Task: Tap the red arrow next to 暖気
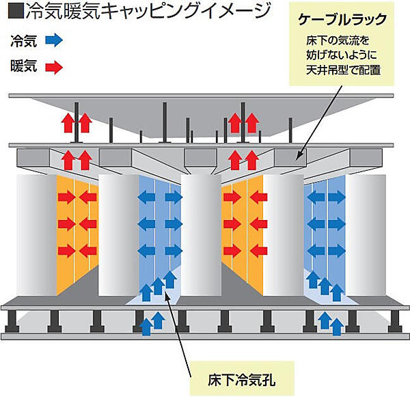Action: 53,67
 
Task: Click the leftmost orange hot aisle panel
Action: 76,232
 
